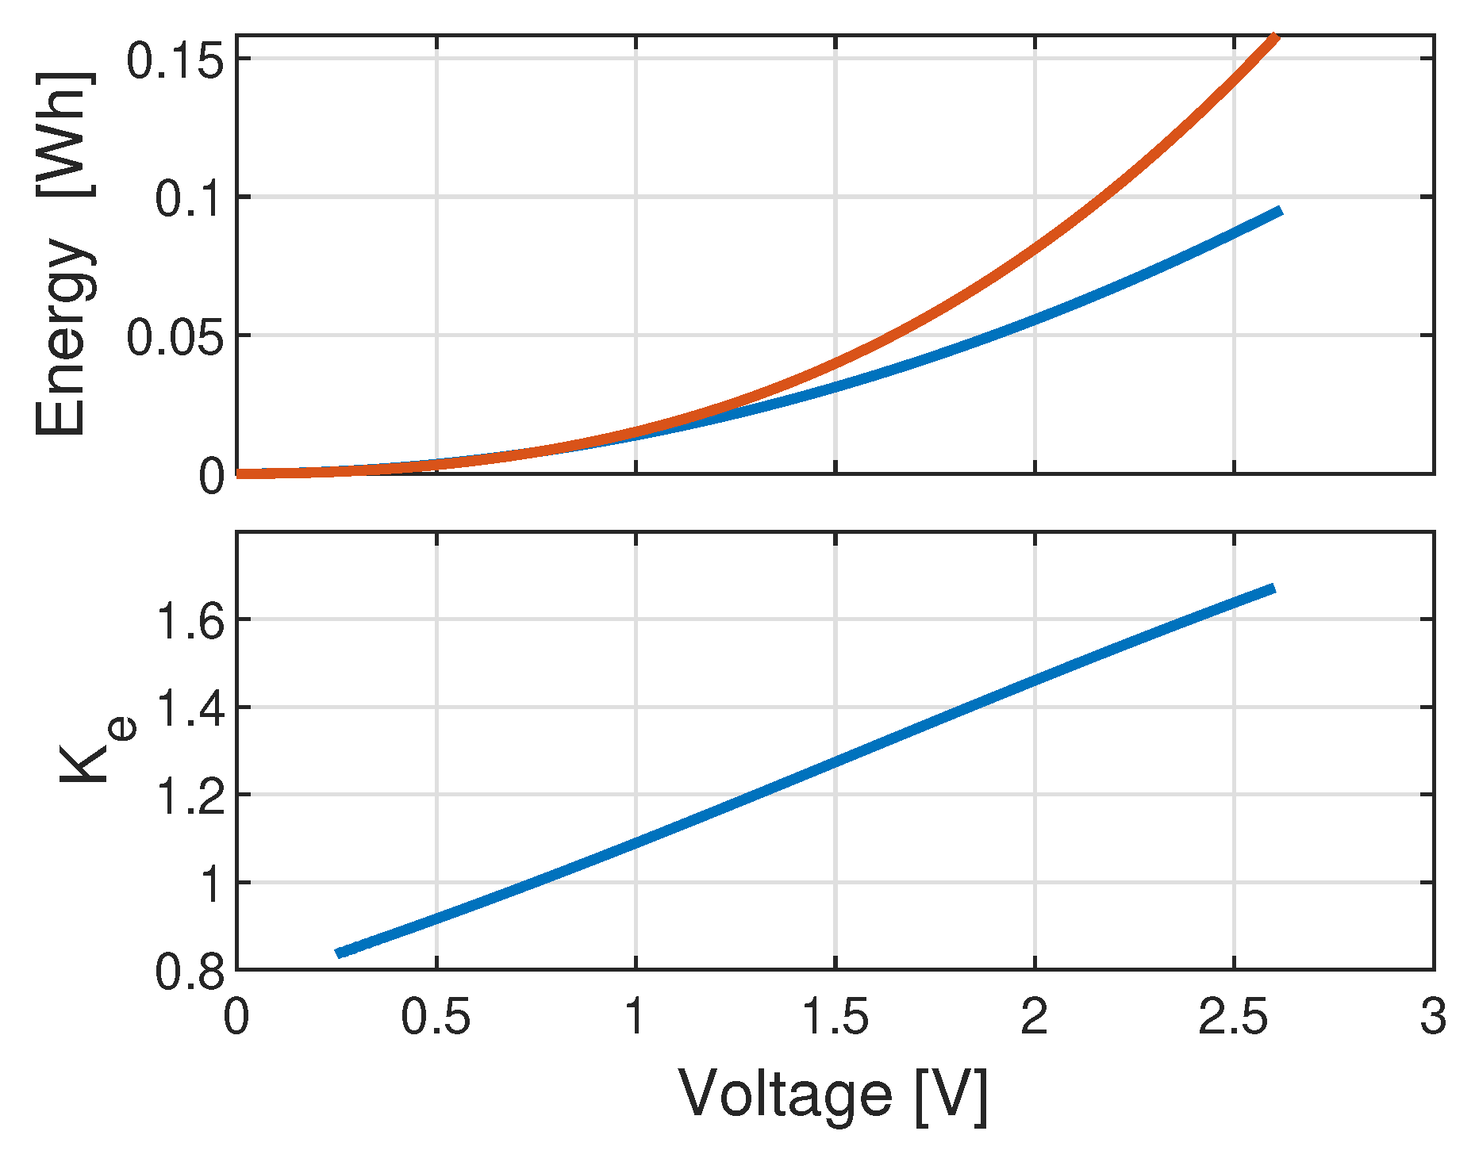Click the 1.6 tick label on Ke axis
pyautogui.click(x=190, y=621)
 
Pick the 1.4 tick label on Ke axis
pyautogui.click(x=190, y=708)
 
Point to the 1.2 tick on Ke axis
pyautogui.click(x=190, y=796)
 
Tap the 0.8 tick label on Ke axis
pyautogui.click(x=190, y=972)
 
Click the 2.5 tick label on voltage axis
pyautogui.click(x=1233, y=1017)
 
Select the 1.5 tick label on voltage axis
pyautogui.click(x=835, y=1017)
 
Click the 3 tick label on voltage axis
pyautogui.click(x=1433, y=1017)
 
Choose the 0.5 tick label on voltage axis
pyautogui.click(x=436, y=1017)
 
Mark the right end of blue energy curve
pyautogui.click(x=1279, y=211)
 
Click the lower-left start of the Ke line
pyautogui.click(x=339, y=953)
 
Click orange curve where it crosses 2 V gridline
pyautogui.click(x=1035, y=247)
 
